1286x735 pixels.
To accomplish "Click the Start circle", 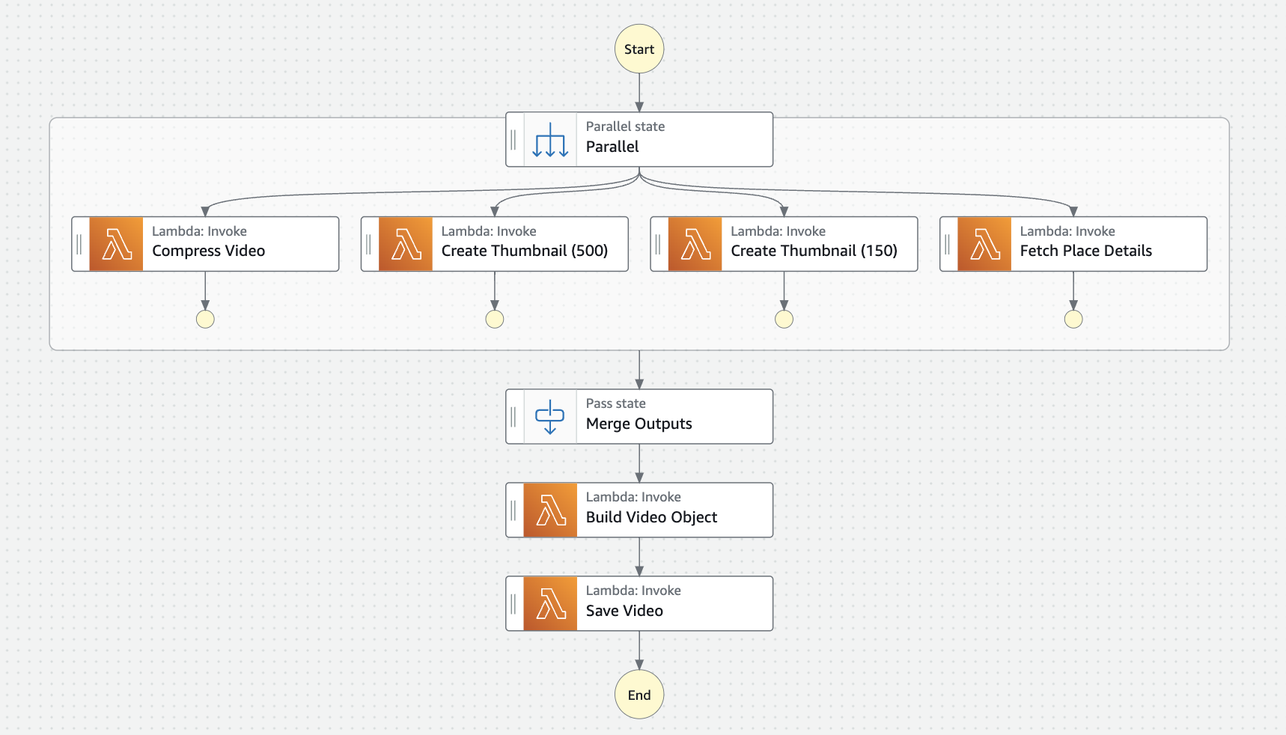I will [639, 49].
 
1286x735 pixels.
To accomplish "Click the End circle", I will [639, 695].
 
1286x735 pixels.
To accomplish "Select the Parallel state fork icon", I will [550, 140].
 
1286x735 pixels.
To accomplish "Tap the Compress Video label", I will [208, 251].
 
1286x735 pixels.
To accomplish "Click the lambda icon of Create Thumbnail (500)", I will [406, 244].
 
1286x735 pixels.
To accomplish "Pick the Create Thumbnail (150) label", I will [814, 251].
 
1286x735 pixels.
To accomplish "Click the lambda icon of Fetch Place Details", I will [984, 244].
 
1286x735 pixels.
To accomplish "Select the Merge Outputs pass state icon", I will [550, 417].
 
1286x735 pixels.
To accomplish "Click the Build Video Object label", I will [651, 517].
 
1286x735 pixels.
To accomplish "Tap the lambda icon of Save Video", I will [550, 603].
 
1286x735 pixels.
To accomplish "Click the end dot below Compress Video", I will [205, 320].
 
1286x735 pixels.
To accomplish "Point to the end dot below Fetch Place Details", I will [1073, 320].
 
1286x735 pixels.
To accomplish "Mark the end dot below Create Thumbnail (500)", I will [495, 320].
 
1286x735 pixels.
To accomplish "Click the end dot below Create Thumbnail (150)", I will [784, 320].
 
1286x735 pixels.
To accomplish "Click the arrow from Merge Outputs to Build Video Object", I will [639, 463].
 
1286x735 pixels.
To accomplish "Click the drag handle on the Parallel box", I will [514, 140].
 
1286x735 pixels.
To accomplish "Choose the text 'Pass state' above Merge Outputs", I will [615, 403].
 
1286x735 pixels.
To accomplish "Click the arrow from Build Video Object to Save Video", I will [639, 557].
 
